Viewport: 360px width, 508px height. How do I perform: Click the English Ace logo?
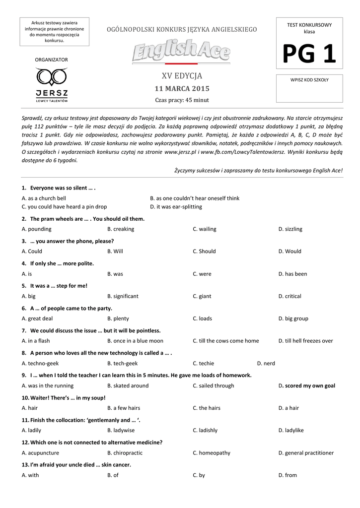click(x=181, y=51)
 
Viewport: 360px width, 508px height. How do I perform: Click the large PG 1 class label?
click(x=309, y=54)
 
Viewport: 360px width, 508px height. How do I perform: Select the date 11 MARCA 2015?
click(x=182, y=89)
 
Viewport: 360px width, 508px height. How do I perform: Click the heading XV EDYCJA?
click(x=182, y=76)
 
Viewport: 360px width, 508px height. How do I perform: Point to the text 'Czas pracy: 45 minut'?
click(x=182, y=100)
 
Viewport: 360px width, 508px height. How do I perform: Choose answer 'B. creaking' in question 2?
click(x=121, y=229)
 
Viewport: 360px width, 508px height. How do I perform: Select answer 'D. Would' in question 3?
click(x=289, y=252)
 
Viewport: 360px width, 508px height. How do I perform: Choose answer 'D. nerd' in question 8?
click(x=266, y=363)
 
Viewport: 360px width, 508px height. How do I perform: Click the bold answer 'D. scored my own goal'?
click(x=306, y=385)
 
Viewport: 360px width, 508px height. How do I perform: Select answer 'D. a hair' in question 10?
click(x=288, y=408)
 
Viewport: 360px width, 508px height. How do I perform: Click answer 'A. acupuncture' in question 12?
click(x=40, y=453)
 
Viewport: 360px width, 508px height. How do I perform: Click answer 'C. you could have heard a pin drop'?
click(x=64, y=207)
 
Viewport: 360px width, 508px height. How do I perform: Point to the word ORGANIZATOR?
click(x=51, y=60)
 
